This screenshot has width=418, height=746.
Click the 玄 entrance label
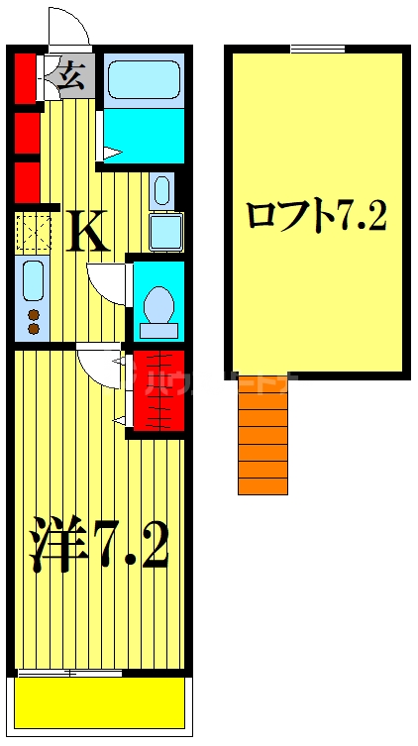click(x=70, y=75)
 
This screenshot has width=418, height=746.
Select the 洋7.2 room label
click(x=99, y=545)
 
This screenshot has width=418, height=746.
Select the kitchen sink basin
click(x=32, y=281)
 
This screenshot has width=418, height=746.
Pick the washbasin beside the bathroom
click(x=161, y=189)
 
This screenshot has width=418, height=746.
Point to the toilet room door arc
click(x=105, y=279)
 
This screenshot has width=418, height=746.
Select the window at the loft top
click(x=317, y=49)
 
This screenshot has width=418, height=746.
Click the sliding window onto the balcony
click(x=69, y=673)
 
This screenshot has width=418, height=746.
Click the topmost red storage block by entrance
click(x=25, y=77)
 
